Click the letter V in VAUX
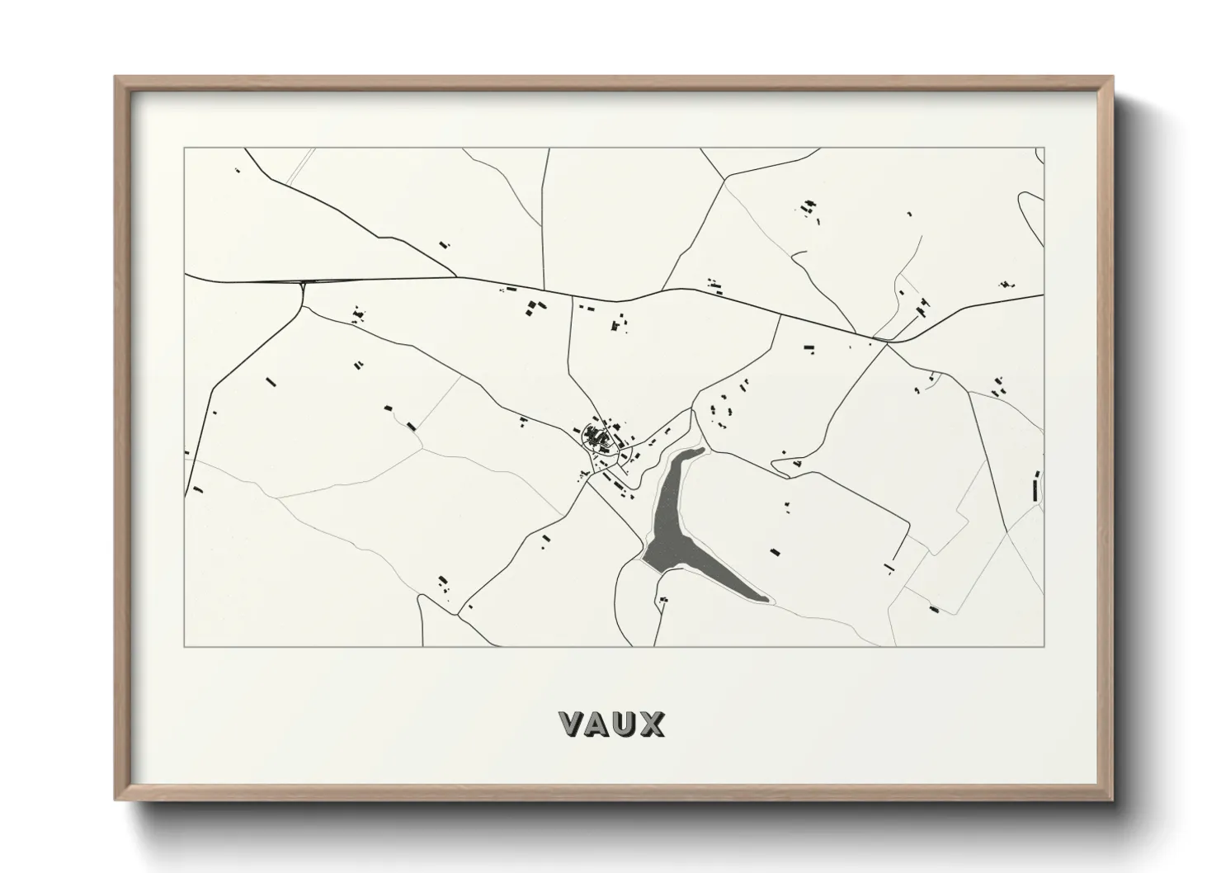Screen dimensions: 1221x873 tap(572, 724)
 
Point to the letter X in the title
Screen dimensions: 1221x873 tap(652, 724)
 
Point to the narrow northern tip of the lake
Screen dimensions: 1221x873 tap(701, 450)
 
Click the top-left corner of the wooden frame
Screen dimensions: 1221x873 tap(116, 78)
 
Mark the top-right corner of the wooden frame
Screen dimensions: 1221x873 tap(1111, 78)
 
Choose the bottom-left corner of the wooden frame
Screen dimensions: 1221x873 tap(116, 800)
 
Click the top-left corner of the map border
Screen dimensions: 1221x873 tap(185, 149)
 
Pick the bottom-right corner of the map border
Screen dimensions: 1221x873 tap(1044, 646)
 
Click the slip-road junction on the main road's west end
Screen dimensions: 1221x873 tap(304, 285)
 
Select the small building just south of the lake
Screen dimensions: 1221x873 tap(664, 600)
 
